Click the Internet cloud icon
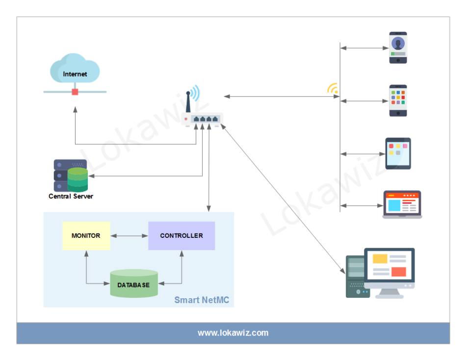pos(75,69)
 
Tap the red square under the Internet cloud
pos(75,92)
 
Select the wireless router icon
pos(203,119)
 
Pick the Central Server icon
pos(71,176)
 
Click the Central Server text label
pos(71,196)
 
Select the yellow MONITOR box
pos(86,235)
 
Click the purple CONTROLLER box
pos(181,235)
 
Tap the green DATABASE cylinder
pos(133,283)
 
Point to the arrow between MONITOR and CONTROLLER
pos(129,236)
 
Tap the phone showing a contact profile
pos(398,48)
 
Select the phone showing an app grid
pos(398,101)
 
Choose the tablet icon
pos(398,154)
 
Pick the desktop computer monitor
pos(389,269)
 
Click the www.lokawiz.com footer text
pos(233,333)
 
